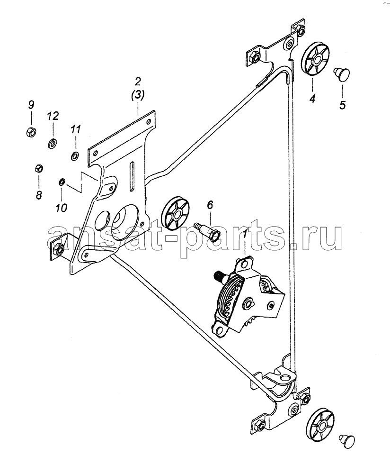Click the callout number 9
tap(31, 105)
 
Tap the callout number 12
tap(53, 116)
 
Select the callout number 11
tap(76, 130)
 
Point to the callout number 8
tap(39, 195)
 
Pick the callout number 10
tap(61, 208)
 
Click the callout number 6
tap(210, 205)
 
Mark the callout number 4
tap(312, 99)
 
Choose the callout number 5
tap(342, 106)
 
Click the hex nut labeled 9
tap(31, 132)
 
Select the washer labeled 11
tap(75, 156)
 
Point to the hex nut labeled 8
tap(39, 168)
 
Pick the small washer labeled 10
tap(61, 182)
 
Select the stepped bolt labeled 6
tap(207, 232)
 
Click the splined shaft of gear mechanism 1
tap(219, 276)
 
